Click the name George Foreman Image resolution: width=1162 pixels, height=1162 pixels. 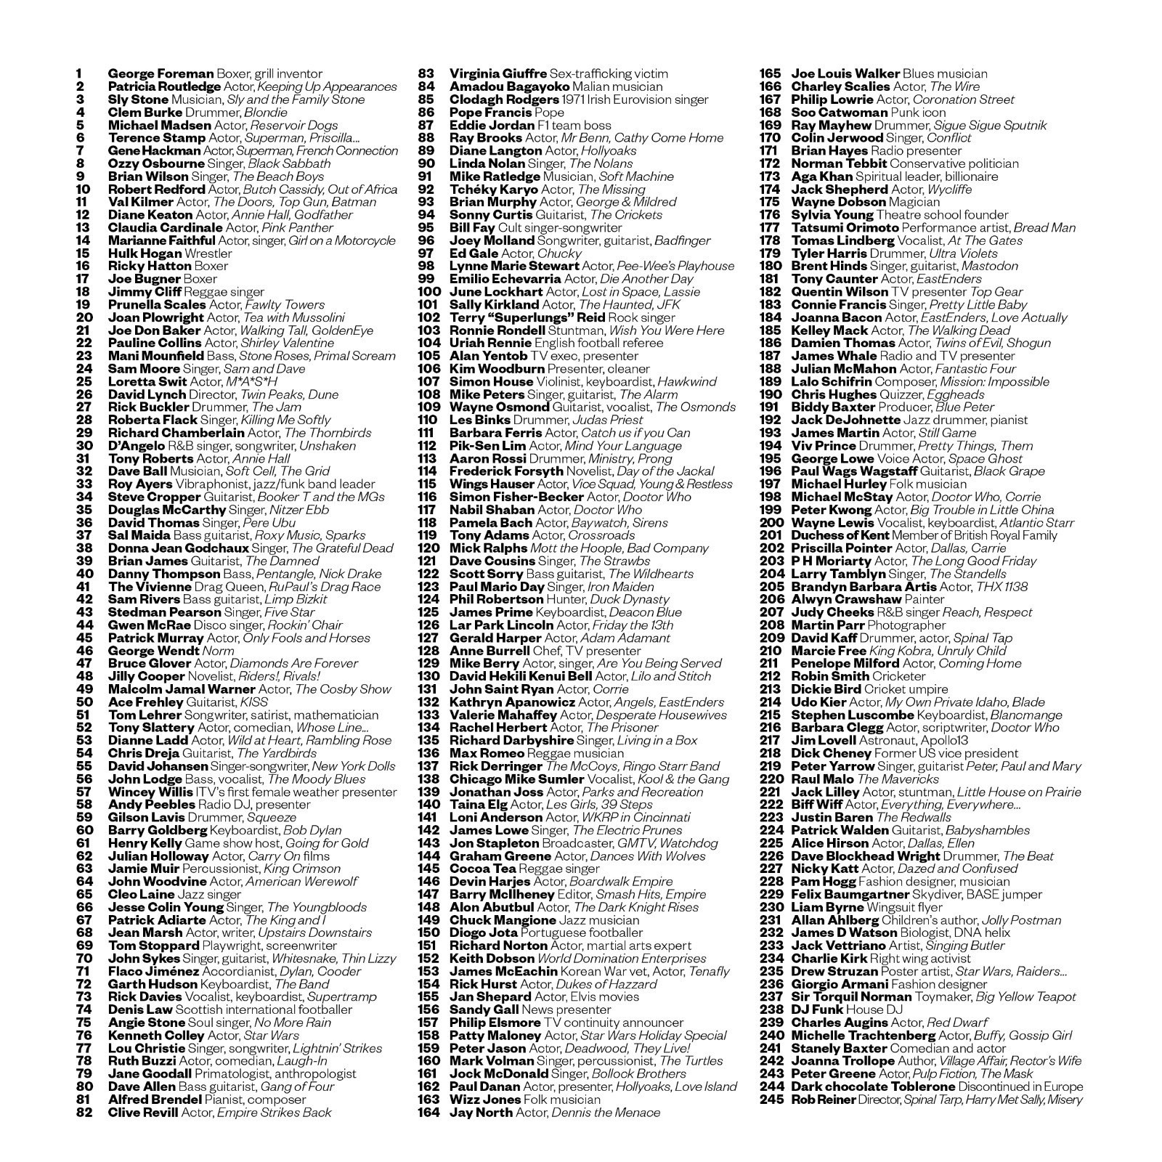161,73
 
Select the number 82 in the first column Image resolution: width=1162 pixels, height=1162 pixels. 84,1112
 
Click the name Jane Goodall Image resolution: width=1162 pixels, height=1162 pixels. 150,1073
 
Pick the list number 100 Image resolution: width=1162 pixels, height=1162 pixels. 429,292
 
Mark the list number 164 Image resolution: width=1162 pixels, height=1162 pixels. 429,1112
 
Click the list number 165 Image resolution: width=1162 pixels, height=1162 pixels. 771,73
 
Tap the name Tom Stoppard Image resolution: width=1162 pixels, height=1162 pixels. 153,946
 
